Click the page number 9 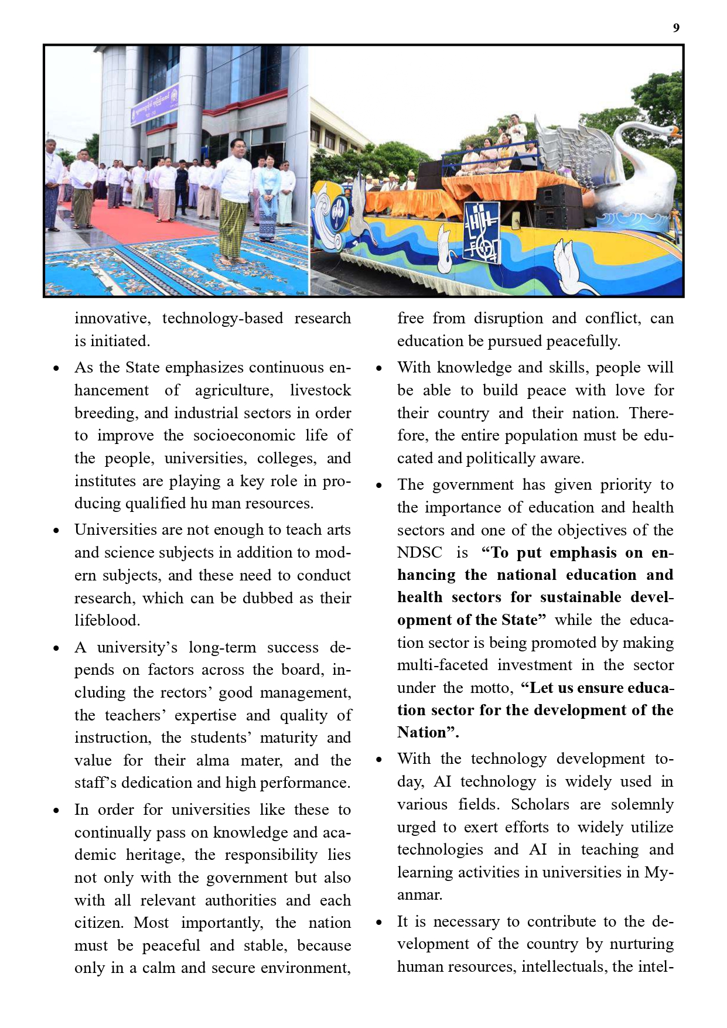pyautogui.click(x=676, y=28)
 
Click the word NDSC pyautogui.click(x=419, y=552)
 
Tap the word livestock pyautogui.click(x=320, y=390)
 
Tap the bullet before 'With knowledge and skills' pyautogui.click(x=379, y=368)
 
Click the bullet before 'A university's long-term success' pyautogui.click(x=56, y=648)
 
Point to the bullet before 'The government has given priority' pyautogui.click(x=379, y=486)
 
